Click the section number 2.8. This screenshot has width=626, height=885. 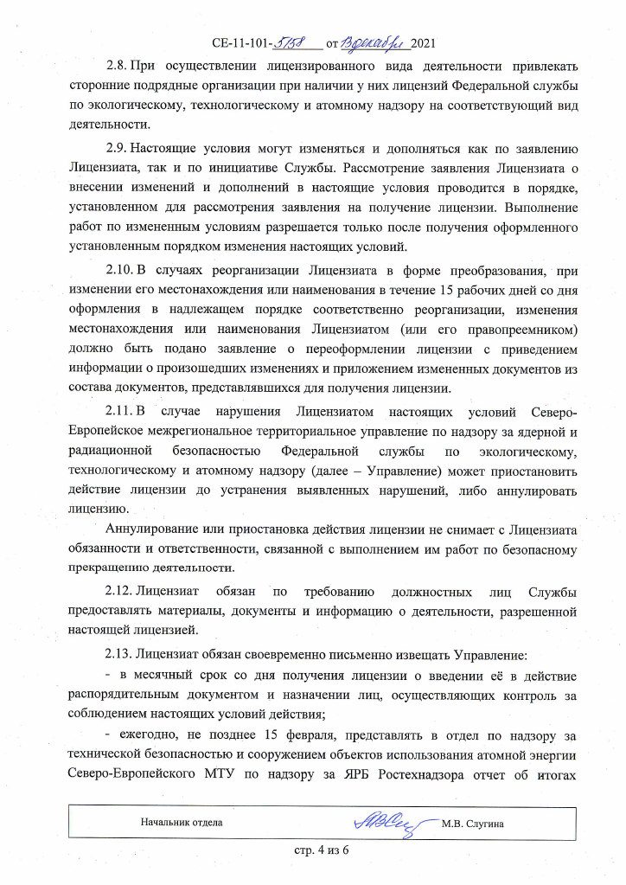(x=118, y=66)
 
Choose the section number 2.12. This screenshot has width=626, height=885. (x=121, y=593)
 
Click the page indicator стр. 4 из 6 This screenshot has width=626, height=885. (x=318, y=852)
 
